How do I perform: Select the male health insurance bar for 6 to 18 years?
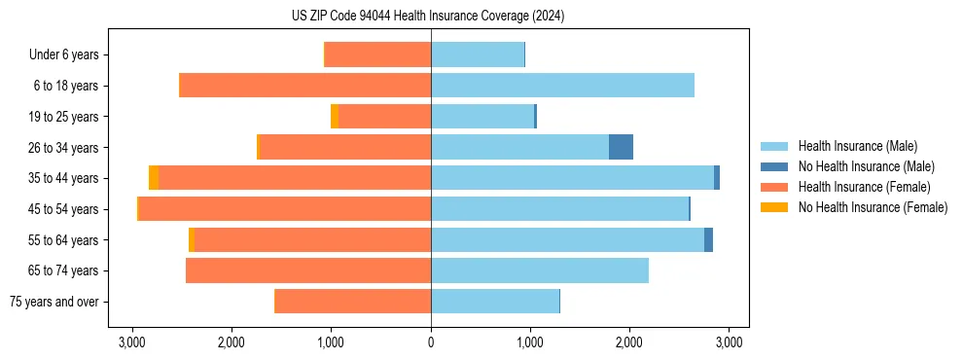pyautogui.click(x=562, y=86)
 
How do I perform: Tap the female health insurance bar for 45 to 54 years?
pyautogui.click(x=285, y=209)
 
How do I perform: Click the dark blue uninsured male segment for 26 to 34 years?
pyautogui.click(x=621, y=147)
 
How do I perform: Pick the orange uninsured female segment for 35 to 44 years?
pyautogui.click(x=154, y=178)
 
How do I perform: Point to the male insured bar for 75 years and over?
pyautogui.click(x=495, y=302)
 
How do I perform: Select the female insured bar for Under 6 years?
pyautogui.click(x=378, y=54)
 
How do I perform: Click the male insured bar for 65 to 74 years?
pyautogui.click(x=540, y=270)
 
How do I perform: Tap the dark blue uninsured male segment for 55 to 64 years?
pyautogui.click(x=708, y=240)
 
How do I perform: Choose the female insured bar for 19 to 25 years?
pyautogui.click(x=384, y=117)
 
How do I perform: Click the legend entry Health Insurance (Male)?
pyautogui.click(x=856, y=147)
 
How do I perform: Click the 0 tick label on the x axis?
pyautogui.click(x=431, y=342)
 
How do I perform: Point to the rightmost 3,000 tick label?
pyautogui.click(x=730, y=342)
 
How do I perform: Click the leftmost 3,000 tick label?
pyautogui.click(x=132, y=342)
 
